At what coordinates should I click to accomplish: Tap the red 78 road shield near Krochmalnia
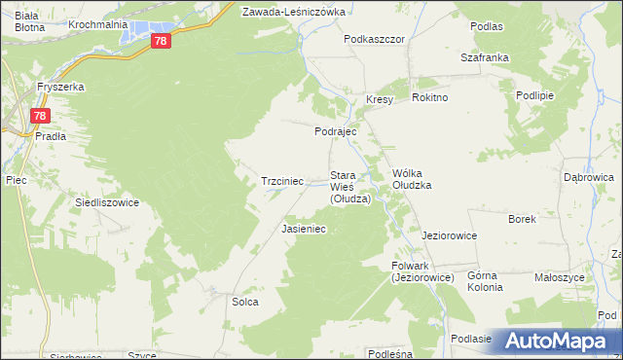pyautogui.click(x=162, y=41)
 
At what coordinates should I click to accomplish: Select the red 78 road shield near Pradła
pyautogui.click(x=38, y=116)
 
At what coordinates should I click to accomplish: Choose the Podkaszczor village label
pyautogui.click(x=374, y=40)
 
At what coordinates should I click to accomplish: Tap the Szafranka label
pyautogui.click(x=485, y=57)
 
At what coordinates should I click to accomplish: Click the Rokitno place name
pyautogui.click(x=429, y=98)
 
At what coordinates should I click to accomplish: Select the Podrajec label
pyautogui.click(x=336, y=131)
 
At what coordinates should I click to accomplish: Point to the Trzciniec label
pyautogui.click(x=283, y=181)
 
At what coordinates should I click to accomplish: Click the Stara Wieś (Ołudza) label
pyautogui.click(x=350, y=187)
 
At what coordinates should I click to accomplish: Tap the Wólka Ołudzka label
pyautogui.click(x=411, y=178)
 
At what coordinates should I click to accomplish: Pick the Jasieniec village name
pyautogui.click(x=303, y=229)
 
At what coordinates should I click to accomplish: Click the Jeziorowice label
pyautogui.click(x=448, y=235)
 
